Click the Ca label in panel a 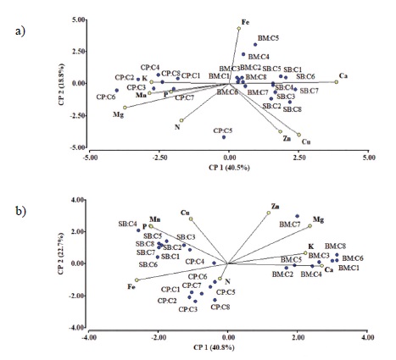343,75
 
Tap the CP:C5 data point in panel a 224,136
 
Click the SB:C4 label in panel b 127,224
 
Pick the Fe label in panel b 131,287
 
